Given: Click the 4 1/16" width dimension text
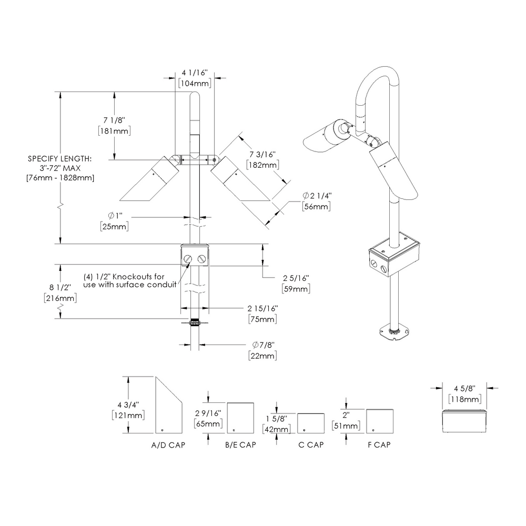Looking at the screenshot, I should click(x=195, y=72).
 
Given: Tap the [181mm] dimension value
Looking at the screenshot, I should click(x=114, y=131).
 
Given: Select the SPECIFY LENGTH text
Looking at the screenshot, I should click(x=60, y=158).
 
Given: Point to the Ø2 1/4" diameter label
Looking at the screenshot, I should click(x=316, y=196).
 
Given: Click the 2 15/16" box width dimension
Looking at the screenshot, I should click(x=262, y=308).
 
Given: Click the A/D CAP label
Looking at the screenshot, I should click(x=168, y=444).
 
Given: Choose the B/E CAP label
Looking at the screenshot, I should click(x=240, y=444).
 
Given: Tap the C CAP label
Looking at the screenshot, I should click(x=311, y=444).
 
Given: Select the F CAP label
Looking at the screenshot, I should click(x=379, y=444).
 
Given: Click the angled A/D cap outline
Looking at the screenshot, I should click(x=168, y=408).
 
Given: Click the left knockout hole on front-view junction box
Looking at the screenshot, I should click(x=189, y=258).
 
